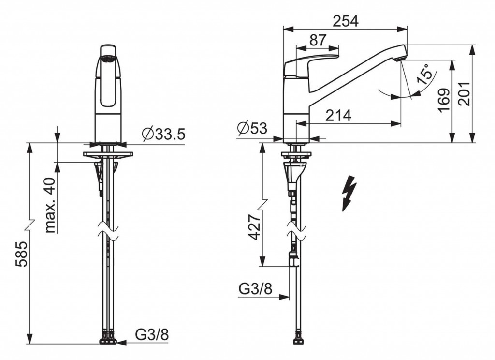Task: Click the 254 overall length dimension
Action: pyautogui.click(x=345, y=21)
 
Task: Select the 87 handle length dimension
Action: pyautogui.click(x=318, y=40)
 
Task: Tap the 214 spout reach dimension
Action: pyautogui.click(x=338, y=116)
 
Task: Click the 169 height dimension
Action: pyautogui.click(x=444, y=100)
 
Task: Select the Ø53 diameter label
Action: pyautogui.click(x=252, y=128)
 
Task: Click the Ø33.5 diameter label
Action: pyautogui.click(x=164, y=134)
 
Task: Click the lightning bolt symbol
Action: pyautogui.click(x=349, y=194)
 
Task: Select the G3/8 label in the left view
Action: pyautogui.click(x=151, y=334)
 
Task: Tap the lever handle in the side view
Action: pyautogui.click(x=309, y=63)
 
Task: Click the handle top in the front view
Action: pyautogui.click(x=109, y=51)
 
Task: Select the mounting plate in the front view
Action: pyautogui.click(x=108, y=155)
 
